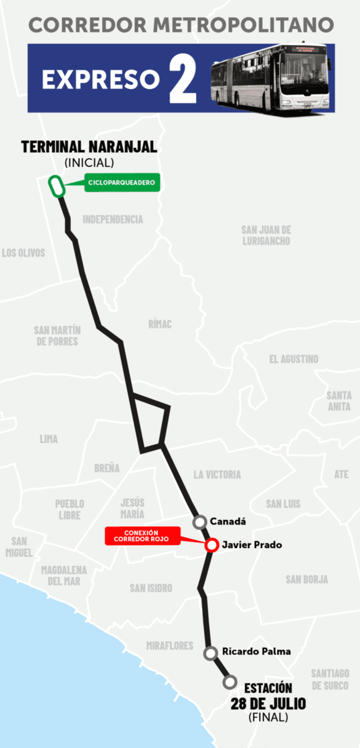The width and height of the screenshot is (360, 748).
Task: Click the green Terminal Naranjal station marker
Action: tap(56, 186)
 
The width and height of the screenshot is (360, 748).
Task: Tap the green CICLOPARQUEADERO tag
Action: tap(122, 183)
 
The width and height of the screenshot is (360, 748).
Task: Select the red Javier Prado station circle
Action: tap(211, 545)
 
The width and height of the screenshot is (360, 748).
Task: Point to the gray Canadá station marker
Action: tap(199, 522)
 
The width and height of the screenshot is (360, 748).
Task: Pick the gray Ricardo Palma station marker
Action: tap(210, 653)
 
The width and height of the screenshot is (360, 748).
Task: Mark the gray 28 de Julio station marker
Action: tap(229, 682)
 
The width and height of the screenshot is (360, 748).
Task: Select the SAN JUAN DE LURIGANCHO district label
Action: tap(266, 235)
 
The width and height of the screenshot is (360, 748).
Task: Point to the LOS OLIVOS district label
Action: tap(23, 253)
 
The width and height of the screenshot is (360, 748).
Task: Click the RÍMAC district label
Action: tap(160, 324)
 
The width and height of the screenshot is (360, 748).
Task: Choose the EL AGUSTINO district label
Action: tap(293, 359)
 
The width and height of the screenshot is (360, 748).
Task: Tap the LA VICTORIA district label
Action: tap(217, 474)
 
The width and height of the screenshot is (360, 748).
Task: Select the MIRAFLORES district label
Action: tap(169, 646)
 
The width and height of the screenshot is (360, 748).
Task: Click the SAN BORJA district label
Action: tap(307, 579)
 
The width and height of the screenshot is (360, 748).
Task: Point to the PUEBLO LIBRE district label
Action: tap(69, 509)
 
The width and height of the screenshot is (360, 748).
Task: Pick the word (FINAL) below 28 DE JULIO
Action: tap(268, 718)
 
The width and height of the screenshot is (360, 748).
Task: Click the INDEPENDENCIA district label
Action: tap(112, 220)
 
